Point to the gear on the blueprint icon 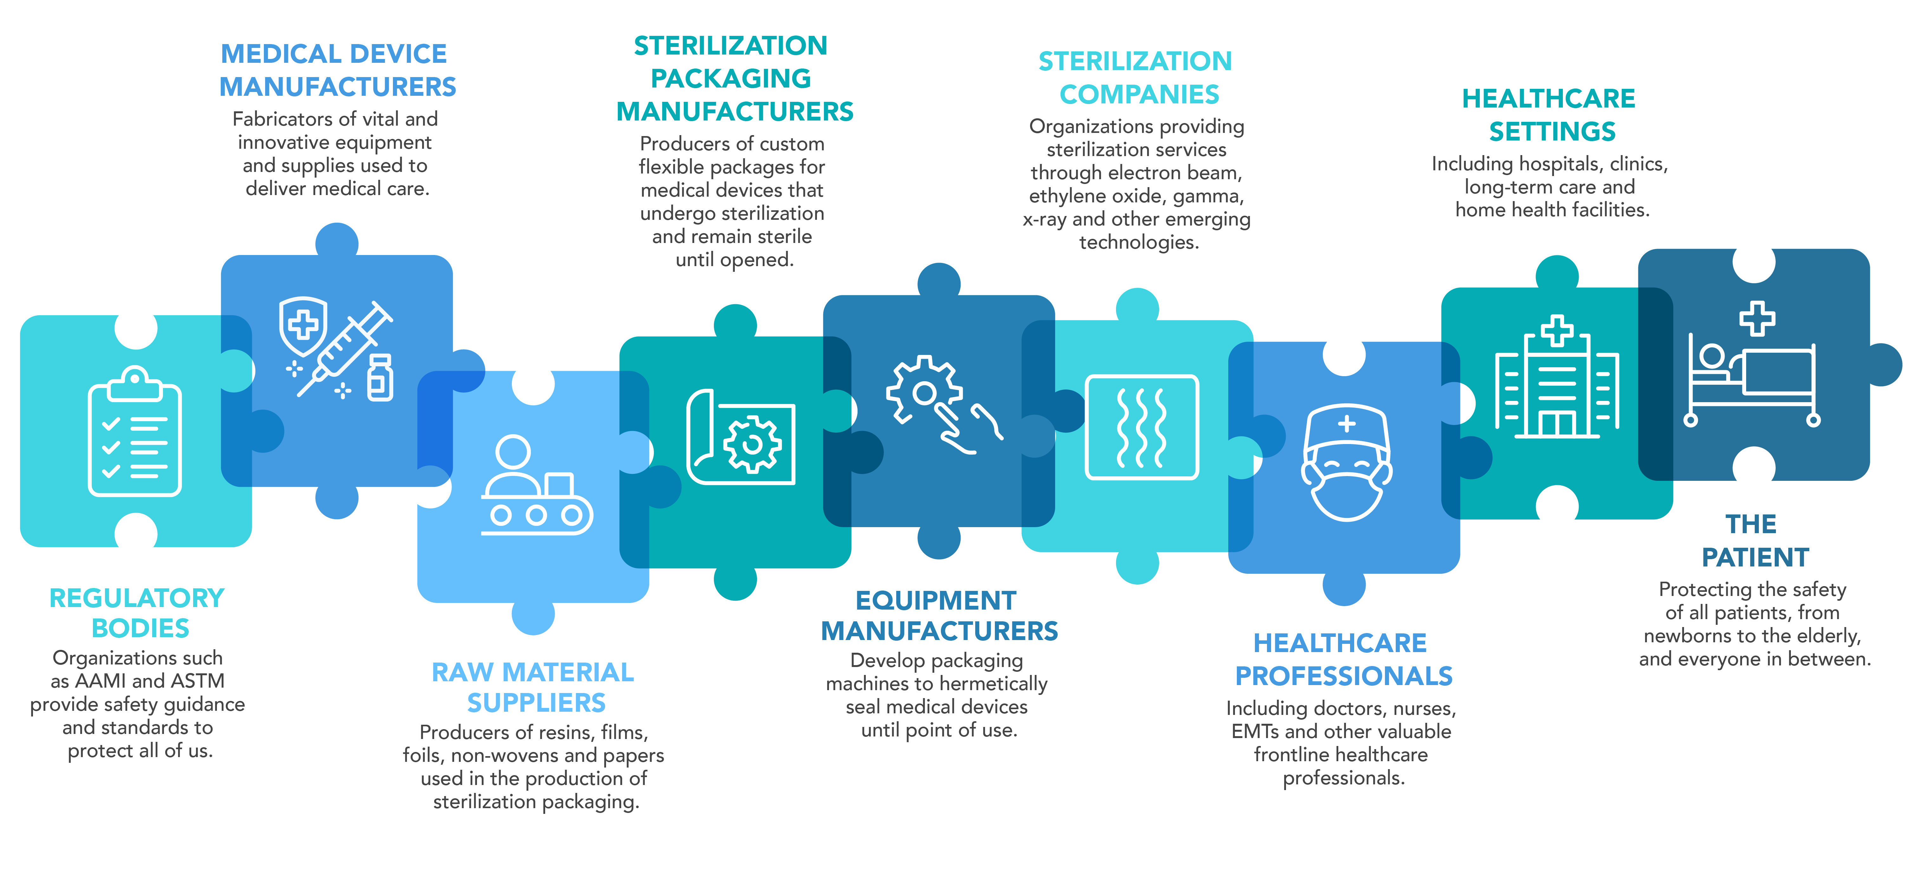point(752,444)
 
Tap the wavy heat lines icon point(1141,427)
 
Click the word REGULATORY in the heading point(137,598)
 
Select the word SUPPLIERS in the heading point(536,702)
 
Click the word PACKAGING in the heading point(731,78)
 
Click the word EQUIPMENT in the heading point(936,600)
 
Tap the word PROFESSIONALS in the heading point(1344,676)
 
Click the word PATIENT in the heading point(1755,557)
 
